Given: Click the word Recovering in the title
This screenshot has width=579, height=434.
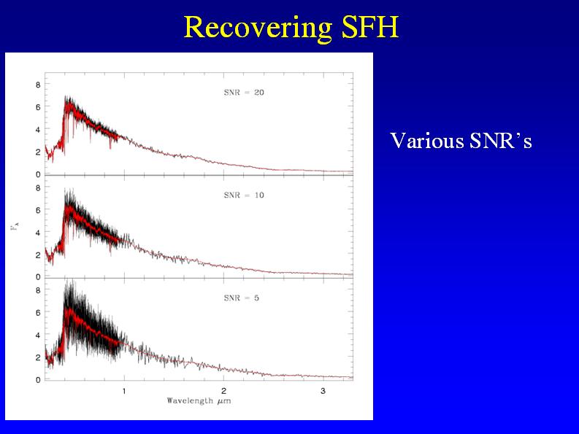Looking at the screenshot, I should point(258,27).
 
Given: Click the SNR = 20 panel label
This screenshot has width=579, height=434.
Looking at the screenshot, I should point(243,93).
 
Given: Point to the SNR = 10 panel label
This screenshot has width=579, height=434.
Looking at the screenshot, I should point(243,195).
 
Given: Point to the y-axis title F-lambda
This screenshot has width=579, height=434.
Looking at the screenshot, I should point(14,228).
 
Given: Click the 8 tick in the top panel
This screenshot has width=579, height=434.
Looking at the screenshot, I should point(37,85).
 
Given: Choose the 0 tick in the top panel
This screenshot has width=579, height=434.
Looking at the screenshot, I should point(37,174).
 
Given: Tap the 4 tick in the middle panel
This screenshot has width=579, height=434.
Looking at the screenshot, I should point(37,233).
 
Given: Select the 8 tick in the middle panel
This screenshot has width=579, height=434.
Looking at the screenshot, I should point(37,188).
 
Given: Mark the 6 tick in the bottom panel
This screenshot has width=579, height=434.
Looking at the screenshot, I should point(37,313).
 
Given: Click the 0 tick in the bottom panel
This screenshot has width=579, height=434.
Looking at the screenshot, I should point(37,380).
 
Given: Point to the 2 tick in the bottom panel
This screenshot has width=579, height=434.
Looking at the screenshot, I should point(37,357).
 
